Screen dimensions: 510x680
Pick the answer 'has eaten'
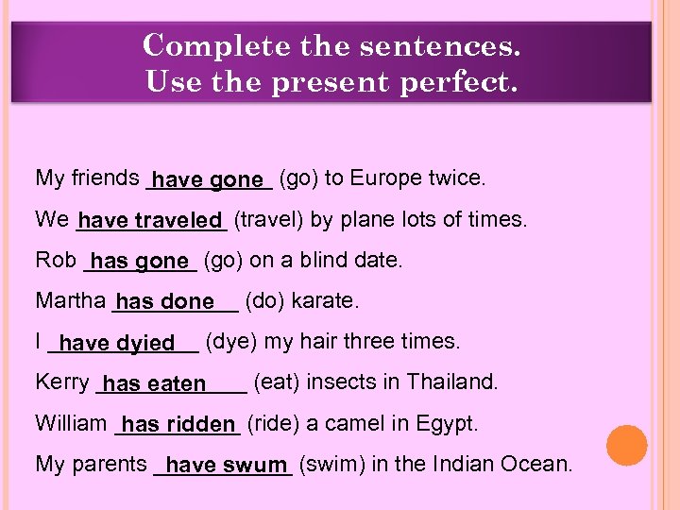click(x=155, y=383)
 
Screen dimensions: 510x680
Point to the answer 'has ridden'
click(x=178, y=425)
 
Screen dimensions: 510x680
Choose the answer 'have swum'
click(x=225, y=466)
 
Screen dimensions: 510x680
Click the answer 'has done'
click(x=165, y=302)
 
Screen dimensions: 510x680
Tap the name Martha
click(x=70, y=301)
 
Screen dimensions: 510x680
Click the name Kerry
click(x=61, y=382)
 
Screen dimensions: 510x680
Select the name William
click(x=71, y=423)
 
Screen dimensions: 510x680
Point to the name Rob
click(x=55, y=260)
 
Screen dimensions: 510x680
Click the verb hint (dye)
click(x=227, y=342)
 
